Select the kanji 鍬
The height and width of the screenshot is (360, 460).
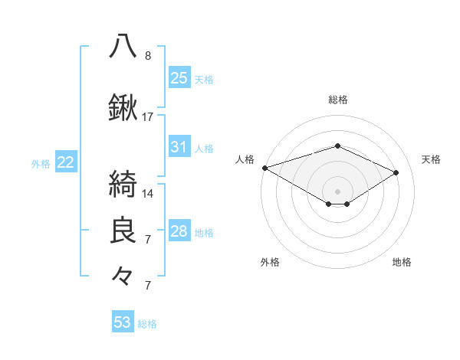pos(123,108)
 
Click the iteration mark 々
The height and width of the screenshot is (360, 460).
pos(123,275)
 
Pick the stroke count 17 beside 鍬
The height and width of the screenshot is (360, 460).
pos(148,117)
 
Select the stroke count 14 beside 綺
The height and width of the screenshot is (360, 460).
pos(148,193)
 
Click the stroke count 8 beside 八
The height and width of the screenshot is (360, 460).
pos(148,55)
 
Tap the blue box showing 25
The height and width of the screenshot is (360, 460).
pos(179,78)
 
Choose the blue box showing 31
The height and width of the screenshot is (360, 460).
pos(179,147)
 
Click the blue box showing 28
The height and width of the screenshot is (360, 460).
pos(179,231)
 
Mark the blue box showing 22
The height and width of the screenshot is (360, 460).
pos(66,162)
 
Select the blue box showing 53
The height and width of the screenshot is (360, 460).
pos(123,322)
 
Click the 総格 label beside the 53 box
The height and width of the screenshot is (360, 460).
pos(148,324)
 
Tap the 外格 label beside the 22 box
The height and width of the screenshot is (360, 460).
pos(41,163)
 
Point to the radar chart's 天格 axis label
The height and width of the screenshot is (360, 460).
pos(431,159)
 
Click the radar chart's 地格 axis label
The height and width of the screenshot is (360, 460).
pos(402,262)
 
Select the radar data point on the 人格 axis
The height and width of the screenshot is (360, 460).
pos(264,168)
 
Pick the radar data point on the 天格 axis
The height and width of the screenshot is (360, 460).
pos(396,173)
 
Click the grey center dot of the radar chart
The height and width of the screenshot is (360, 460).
pos(337,191)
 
